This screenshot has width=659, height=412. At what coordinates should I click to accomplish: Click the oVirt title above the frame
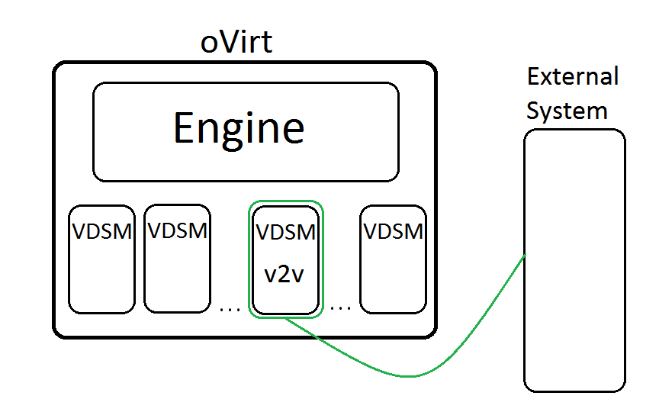tap(236, 42)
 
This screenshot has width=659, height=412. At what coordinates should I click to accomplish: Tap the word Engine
tap(239, 127)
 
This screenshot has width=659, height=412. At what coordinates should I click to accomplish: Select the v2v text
tap(284, 274)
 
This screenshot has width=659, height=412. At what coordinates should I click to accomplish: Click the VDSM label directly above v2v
tap(286, 232)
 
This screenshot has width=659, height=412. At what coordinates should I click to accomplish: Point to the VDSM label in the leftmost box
tap(102, 231)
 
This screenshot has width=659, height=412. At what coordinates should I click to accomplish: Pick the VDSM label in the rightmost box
tap(394, 231)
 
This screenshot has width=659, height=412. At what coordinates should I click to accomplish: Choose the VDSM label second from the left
tap(178, 230)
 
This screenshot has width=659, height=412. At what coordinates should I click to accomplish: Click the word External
tap(573, 77)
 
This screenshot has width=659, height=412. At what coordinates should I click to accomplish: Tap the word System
tap(567, 111)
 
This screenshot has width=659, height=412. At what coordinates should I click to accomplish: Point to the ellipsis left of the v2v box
tap(229, 309)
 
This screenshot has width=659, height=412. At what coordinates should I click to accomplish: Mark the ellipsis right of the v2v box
tap(340, 309)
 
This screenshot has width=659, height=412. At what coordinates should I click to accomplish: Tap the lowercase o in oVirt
tap(208, 44)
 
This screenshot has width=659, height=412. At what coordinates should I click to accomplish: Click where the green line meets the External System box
tap(525, 255)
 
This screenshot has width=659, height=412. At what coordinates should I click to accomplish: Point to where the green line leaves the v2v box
tap(287, 318)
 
